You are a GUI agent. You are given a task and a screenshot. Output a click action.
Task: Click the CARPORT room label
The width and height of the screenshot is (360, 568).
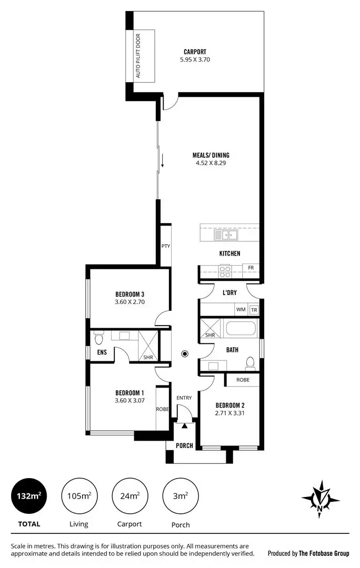(195, 52)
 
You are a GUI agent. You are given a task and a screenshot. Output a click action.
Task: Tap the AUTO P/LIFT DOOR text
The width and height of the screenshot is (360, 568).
(139, 56)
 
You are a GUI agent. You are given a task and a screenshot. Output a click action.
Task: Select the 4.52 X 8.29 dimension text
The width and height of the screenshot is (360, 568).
(210, 163)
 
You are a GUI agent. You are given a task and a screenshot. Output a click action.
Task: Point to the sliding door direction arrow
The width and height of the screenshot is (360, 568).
(163, 160)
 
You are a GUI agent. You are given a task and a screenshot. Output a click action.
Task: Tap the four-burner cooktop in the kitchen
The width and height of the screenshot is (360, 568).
(225, 271)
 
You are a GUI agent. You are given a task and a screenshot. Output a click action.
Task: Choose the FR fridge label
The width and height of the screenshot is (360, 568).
(251, 268)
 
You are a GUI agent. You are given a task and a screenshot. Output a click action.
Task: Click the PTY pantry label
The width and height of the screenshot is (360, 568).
(165, 246)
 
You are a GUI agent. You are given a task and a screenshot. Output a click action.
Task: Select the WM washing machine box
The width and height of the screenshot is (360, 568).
(241, 310)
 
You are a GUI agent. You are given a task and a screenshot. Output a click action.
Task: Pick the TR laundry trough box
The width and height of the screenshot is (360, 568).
(254, 310)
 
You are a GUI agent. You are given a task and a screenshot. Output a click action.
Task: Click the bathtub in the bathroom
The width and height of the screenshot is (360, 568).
(241, 330)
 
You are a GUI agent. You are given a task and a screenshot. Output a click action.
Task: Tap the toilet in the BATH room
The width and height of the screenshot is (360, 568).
(250, 363)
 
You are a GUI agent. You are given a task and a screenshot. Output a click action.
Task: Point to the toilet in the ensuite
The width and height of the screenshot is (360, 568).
(98, 337)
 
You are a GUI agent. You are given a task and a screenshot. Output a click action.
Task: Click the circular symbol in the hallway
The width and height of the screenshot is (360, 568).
(185, 354)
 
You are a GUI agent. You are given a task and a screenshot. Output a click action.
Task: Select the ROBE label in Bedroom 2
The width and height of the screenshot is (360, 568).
(243, 379)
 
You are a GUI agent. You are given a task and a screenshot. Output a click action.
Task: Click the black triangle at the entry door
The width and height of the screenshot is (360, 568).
(184, 426)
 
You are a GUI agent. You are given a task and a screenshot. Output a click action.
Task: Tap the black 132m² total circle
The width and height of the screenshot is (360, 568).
(29, 496)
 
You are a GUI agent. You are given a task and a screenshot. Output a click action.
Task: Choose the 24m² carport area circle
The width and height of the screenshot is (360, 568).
(129, 496)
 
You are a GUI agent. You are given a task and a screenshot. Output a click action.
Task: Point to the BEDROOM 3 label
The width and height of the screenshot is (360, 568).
(129, 294)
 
